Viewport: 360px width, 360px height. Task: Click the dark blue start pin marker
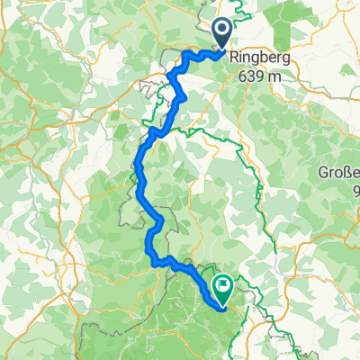pyautogui.click(x=222, y=33)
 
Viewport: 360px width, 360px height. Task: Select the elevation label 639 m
pyautogui.click(x=260, y=76)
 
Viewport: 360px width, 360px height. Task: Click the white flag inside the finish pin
pyautogui.click(x=222, y=285)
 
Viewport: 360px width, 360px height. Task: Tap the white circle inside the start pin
pyautogui.click(x=222, y=30)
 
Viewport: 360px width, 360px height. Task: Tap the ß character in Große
pyautogui.click(x=347, y=174)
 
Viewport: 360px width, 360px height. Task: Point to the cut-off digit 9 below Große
pyautogui.click(x=355, y=190)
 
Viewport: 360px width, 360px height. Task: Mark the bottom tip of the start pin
pyautogui.click(x=222, y=49)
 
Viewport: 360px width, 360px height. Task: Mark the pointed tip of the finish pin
pyautogui.click(x=222, y=303)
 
